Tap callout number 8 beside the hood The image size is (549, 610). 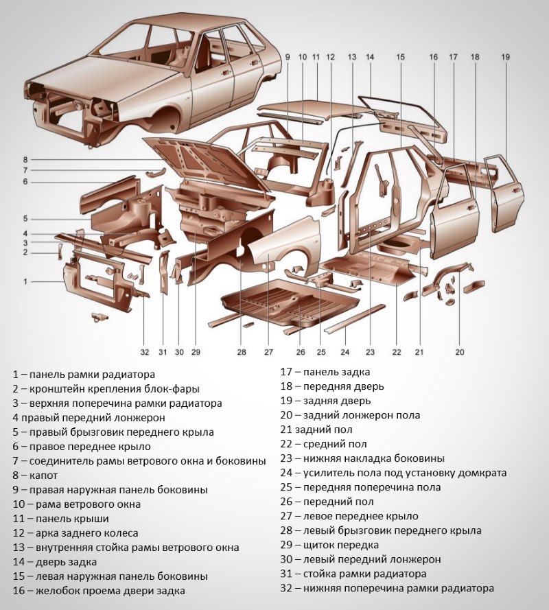click(25, 159)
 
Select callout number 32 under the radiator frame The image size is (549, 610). click(145, 352)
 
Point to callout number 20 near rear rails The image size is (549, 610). click(460, 352)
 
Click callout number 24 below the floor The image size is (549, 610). click(344, 352)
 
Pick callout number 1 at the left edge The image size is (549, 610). click(25, 281)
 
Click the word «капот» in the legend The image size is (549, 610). click(44, 475)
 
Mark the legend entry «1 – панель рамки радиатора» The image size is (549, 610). click(84, 375)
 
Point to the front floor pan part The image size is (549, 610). click(288, 302)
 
